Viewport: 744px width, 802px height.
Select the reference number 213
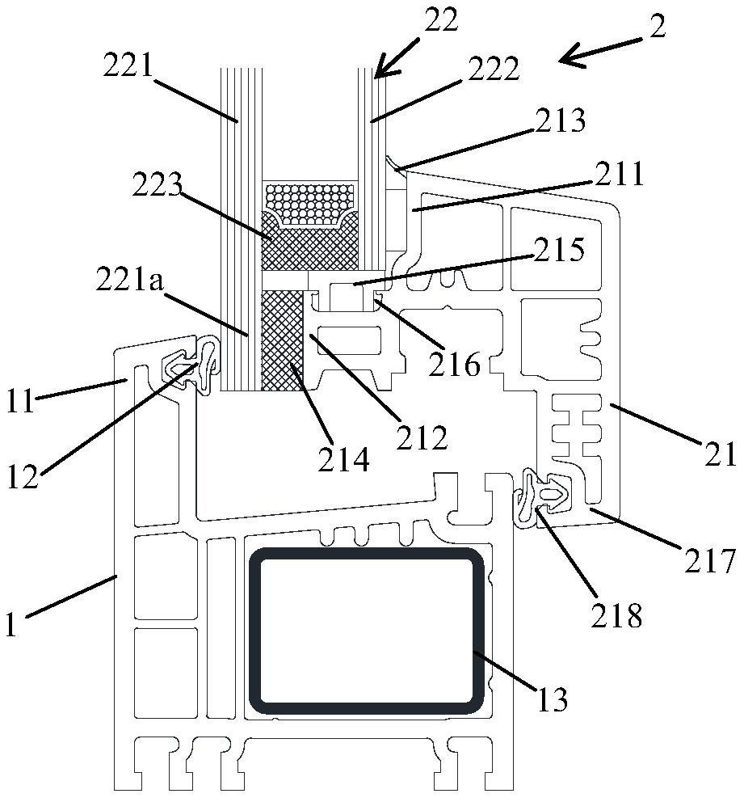click(x=561, y=122)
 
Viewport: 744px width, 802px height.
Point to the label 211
click(x=620, y=173)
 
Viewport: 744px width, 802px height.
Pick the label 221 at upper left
click(x=128, y=65)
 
